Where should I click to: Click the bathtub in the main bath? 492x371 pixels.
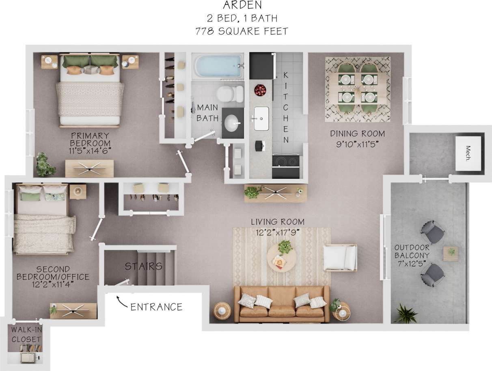coord(218,66)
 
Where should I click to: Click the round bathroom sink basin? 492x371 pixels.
coord(232,123)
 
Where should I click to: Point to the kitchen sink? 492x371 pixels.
coord(261,118)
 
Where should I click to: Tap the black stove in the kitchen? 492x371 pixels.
coord(286,165)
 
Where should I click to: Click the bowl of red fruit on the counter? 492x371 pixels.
coord(260,90)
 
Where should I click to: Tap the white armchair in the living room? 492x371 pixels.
coord(340,257)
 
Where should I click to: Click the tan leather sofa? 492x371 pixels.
coord(282,304)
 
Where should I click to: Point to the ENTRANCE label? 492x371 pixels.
coord(156,307)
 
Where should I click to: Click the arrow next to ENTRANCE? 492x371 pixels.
coord(121,300)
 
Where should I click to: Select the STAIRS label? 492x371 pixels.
coord(143,266)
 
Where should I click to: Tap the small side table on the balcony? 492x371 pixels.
coord(451,253)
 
